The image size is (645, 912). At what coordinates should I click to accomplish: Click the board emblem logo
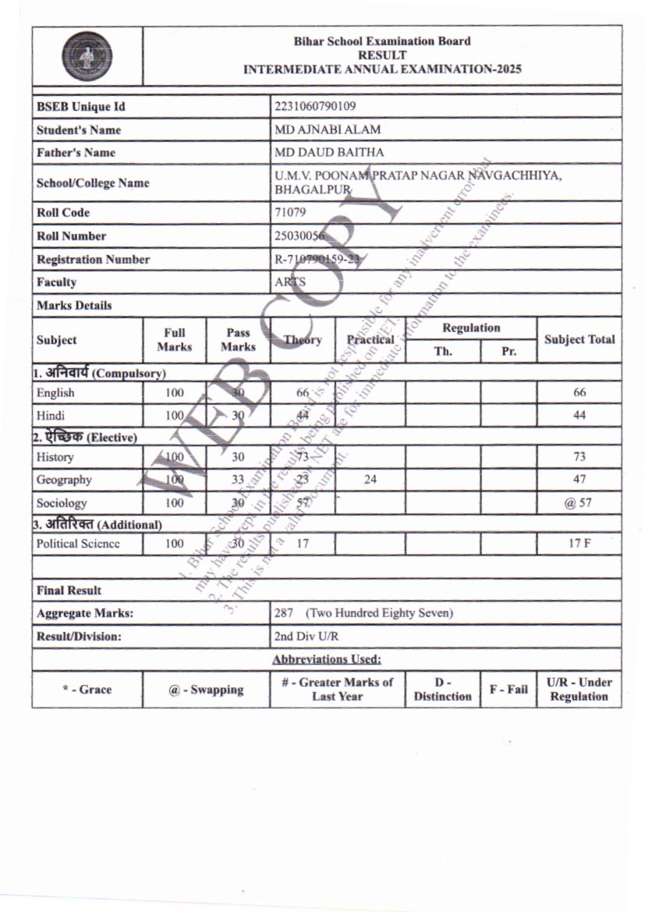(87, 56)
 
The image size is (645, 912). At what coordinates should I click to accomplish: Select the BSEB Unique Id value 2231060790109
(315, 106)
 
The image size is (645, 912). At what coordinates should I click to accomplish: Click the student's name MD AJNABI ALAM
(328, 130)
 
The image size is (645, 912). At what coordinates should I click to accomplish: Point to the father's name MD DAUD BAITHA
(329, 152)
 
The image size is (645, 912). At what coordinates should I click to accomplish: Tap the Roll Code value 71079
(290, 212)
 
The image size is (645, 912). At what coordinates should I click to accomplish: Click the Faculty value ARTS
(290, 282)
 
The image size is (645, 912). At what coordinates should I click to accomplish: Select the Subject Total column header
(579, 339)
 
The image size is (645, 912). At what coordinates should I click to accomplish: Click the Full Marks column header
(174, 339)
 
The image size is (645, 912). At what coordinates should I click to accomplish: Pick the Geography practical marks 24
(370, 480)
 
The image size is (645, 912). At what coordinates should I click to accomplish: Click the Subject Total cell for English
(579, 392)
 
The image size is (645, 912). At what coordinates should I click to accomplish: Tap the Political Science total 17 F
(579, 544)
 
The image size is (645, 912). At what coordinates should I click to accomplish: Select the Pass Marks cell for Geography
(237, 480)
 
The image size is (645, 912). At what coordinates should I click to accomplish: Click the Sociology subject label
(62, 503)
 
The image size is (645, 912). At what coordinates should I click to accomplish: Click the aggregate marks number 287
(284, 613)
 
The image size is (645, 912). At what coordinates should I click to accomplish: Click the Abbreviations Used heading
(327, 660)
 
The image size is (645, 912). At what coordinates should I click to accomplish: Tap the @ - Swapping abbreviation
(206, 690)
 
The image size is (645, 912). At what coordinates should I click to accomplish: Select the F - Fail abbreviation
(509, 690)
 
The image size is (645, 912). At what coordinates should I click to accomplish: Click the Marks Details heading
(74, 305)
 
